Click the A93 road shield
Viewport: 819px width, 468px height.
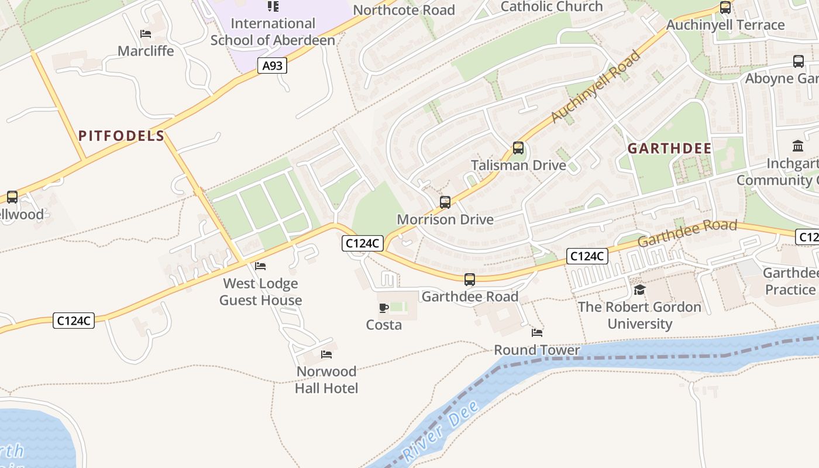[272, 66]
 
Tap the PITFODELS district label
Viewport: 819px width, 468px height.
[122, 136]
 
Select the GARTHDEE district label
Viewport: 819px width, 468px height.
[670, 149]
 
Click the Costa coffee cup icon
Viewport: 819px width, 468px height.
[384, 308]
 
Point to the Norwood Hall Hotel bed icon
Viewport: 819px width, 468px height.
[326, 355]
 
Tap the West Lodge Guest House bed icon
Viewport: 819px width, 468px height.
[260, 266]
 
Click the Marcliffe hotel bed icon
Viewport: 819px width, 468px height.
[146, 34]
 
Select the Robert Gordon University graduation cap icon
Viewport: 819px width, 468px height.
[639, 290]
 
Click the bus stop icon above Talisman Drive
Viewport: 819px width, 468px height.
[518, 148]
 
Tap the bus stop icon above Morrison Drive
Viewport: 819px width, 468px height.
[445, 202]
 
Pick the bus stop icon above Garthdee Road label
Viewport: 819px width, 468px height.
[470, 280]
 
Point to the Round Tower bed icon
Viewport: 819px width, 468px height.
[537, 333]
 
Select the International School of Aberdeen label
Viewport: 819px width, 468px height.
[273, 32]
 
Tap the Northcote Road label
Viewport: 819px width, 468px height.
[404, 10]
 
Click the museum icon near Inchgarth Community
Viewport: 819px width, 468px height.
[797, 146]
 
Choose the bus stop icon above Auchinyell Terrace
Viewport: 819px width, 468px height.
[725, 8]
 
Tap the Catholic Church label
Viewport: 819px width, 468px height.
[552, 6]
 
